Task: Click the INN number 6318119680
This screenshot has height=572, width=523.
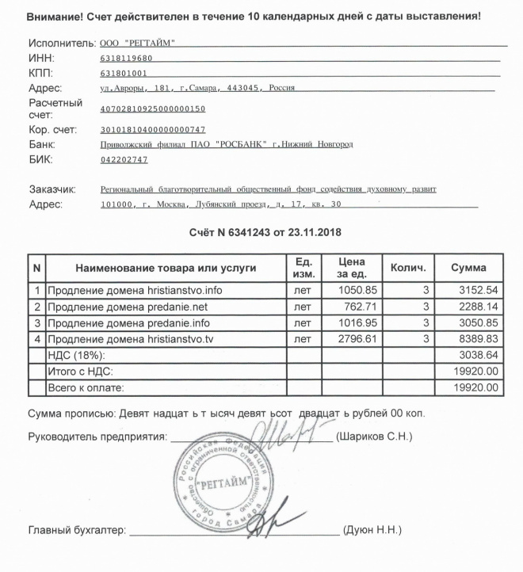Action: tap(127, 59)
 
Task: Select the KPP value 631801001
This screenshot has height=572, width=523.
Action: tap(124, 74)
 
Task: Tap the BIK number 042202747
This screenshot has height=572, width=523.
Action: tap(124, 160)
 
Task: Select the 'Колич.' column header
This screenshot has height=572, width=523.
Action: tap(409, 268)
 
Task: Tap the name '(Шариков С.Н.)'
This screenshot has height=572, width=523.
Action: tap(374, 437)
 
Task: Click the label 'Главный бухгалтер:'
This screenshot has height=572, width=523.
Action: tap(77, 530)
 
